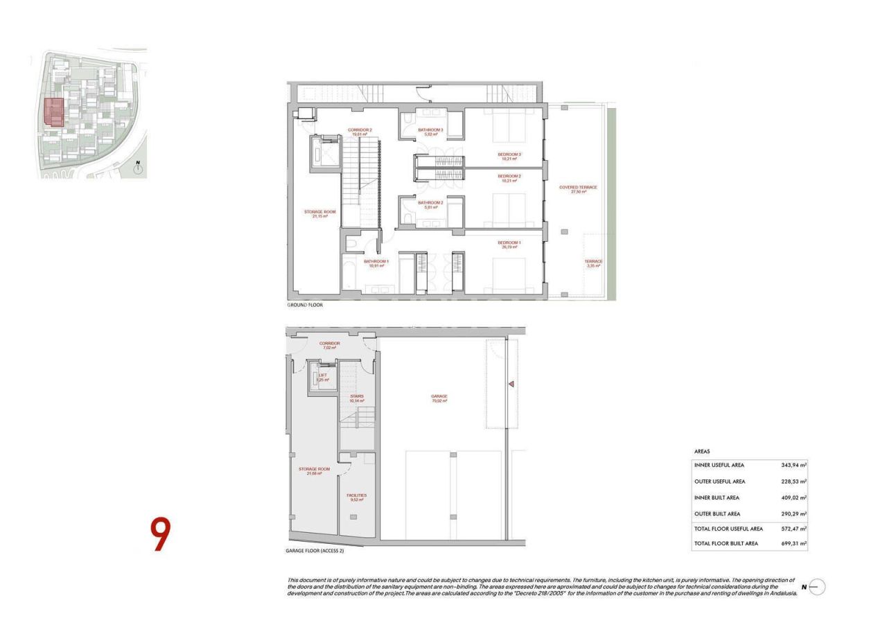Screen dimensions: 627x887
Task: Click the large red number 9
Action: point(160,534)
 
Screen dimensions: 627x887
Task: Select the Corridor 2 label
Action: point(360,132)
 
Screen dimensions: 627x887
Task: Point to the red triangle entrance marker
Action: point(511,383)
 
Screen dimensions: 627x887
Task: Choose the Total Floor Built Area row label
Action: point(726,544)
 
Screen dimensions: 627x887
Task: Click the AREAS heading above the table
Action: point(701,452)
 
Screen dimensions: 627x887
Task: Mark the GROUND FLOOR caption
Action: point(305,305)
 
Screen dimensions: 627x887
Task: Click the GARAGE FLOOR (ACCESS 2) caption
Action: point(315,551)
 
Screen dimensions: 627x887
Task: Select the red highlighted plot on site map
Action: point(54,112)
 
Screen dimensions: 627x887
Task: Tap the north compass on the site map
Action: point(138,167)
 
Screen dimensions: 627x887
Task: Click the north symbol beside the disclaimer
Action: point(816,587)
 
